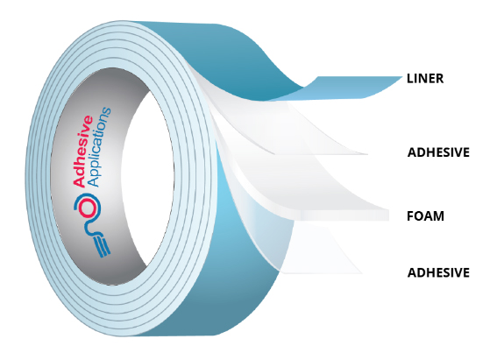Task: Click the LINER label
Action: click(425, 78)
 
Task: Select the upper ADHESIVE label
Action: click(438, 152)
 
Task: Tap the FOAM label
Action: click(425, 216)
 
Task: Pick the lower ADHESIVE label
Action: click(438, 272)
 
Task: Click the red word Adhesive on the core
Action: click(83, 152)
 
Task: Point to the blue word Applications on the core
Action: click(100, 147)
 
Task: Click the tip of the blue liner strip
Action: click(402, 77)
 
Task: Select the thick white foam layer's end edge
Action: click(388, 215)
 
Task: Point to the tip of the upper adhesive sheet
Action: click(366, 154)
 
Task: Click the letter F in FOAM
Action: click(410, 216)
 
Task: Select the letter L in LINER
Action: click(410, 78)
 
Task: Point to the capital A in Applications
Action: click(95, 181)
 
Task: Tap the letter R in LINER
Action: click(439, 78)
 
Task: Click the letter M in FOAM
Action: click(438, 216)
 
